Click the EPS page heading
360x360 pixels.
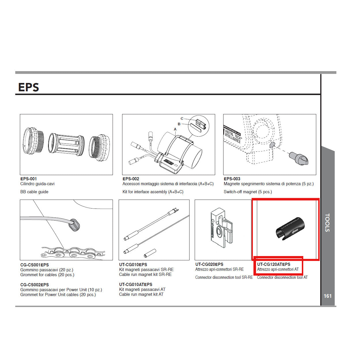coord(29,87)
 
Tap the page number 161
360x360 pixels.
coord(327,296)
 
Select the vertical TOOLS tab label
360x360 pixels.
coord(327,223)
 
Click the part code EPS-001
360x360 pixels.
coord(29,179)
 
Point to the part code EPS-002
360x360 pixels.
coord(131,179)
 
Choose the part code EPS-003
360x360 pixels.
coord(232,179)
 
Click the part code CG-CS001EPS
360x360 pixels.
coord(35,265)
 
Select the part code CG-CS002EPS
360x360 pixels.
coord(35,285)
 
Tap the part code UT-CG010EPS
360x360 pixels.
coord(133,265)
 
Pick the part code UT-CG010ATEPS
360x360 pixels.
coord(136,285)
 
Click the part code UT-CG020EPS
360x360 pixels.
coord(209,264)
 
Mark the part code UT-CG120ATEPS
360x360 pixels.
coord(274,264)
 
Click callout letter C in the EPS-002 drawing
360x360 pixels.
coord(182,119)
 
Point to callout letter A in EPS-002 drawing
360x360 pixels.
coord(175,129)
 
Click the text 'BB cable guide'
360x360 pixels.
coord(34,192)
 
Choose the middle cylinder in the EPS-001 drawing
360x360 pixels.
coord(66,145)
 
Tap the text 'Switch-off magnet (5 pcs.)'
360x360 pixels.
coord(248,192)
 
